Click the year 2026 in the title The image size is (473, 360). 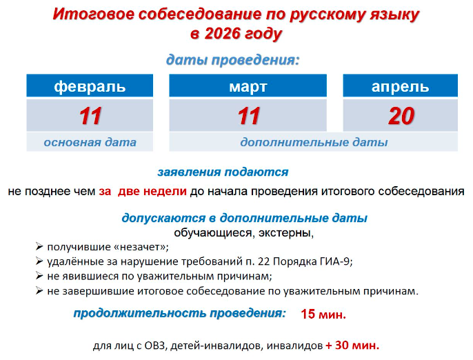222,33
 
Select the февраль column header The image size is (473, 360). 90,86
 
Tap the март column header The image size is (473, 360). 248,86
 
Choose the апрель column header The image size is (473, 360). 401,86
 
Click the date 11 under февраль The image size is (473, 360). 90,116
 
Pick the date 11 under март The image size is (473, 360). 248,116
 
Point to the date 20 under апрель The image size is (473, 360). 401,116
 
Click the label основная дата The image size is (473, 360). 90,142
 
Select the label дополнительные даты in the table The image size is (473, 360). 314,142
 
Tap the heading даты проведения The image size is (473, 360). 232,60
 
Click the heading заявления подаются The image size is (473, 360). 223,172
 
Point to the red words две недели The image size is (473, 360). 152,191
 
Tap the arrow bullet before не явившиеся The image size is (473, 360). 39,276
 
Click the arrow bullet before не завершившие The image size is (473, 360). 39,290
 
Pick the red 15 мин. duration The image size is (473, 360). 323,314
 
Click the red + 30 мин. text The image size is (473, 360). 352,346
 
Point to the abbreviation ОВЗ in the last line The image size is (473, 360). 155,346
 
